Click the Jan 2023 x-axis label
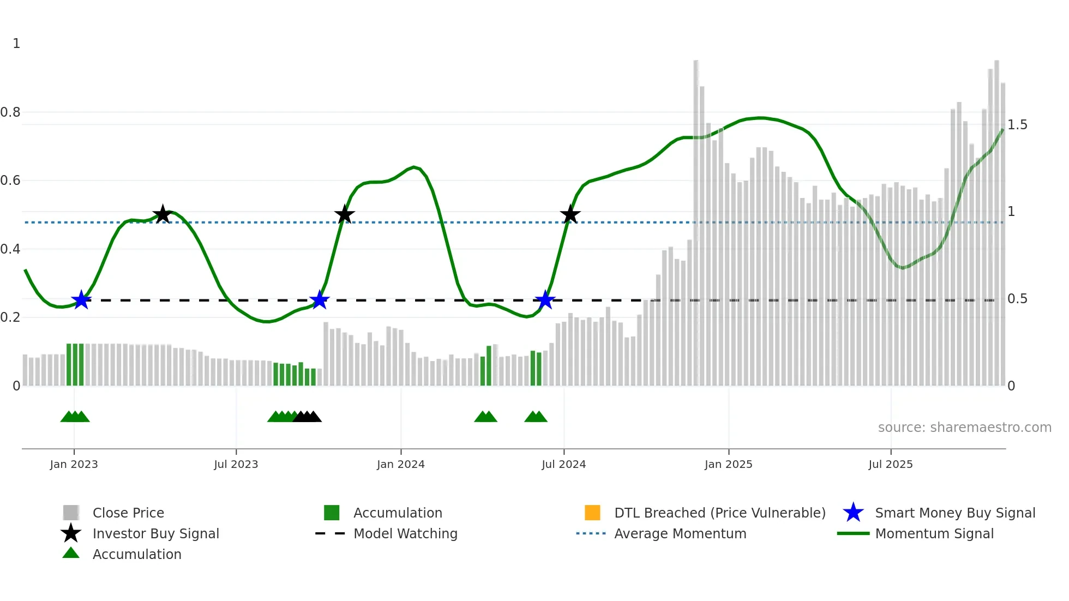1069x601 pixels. click(x=74, y=464)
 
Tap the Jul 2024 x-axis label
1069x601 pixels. click(x=563, y=464)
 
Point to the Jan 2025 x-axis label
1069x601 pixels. click(x=728, y=464)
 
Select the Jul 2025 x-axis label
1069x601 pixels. click(x=890, y=464)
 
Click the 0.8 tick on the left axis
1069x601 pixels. click(x=10, y=112)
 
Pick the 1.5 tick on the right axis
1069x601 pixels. click(x=1017, y=125)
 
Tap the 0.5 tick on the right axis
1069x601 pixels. click(x=1017, y=299)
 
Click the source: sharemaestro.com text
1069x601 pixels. click(x=964, y=428)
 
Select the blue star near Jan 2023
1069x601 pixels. click(x=81, y=299)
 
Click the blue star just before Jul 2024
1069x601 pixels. click(x=545, y=299)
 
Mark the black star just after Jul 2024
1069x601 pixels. click(x=570, y=214)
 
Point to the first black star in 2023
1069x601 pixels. click(x=162, y=214)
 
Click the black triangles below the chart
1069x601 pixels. click(x=307, y=417)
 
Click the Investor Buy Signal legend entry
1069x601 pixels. click(x=155, y=533)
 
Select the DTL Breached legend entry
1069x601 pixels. click(x=719, y=513)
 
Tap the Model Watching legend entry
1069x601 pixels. click(x=405, y=533)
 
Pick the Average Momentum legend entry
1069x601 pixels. click(x=680, y=533)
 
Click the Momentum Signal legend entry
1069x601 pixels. click(x=934, y=533)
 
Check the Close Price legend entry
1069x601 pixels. click(x=128, y=513)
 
